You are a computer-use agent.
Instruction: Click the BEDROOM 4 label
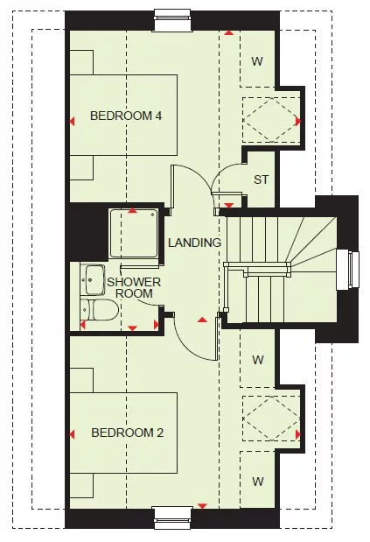click(126, 116)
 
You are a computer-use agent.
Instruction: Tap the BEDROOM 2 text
click(126, 433)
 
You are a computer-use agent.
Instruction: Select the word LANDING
click(194, 243)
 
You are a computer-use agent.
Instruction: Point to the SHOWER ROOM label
click(134, 287)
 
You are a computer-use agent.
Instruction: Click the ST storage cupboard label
click(260, 180)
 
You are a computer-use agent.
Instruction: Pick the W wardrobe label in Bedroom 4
click(257, 61)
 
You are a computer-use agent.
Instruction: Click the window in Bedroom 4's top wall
click(173, 14)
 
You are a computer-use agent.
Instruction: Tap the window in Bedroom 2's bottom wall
click(173, 518)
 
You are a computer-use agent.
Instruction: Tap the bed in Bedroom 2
click(122, 433)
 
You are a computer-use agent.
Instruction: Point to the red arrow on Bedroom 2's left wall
click(73, 433)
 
